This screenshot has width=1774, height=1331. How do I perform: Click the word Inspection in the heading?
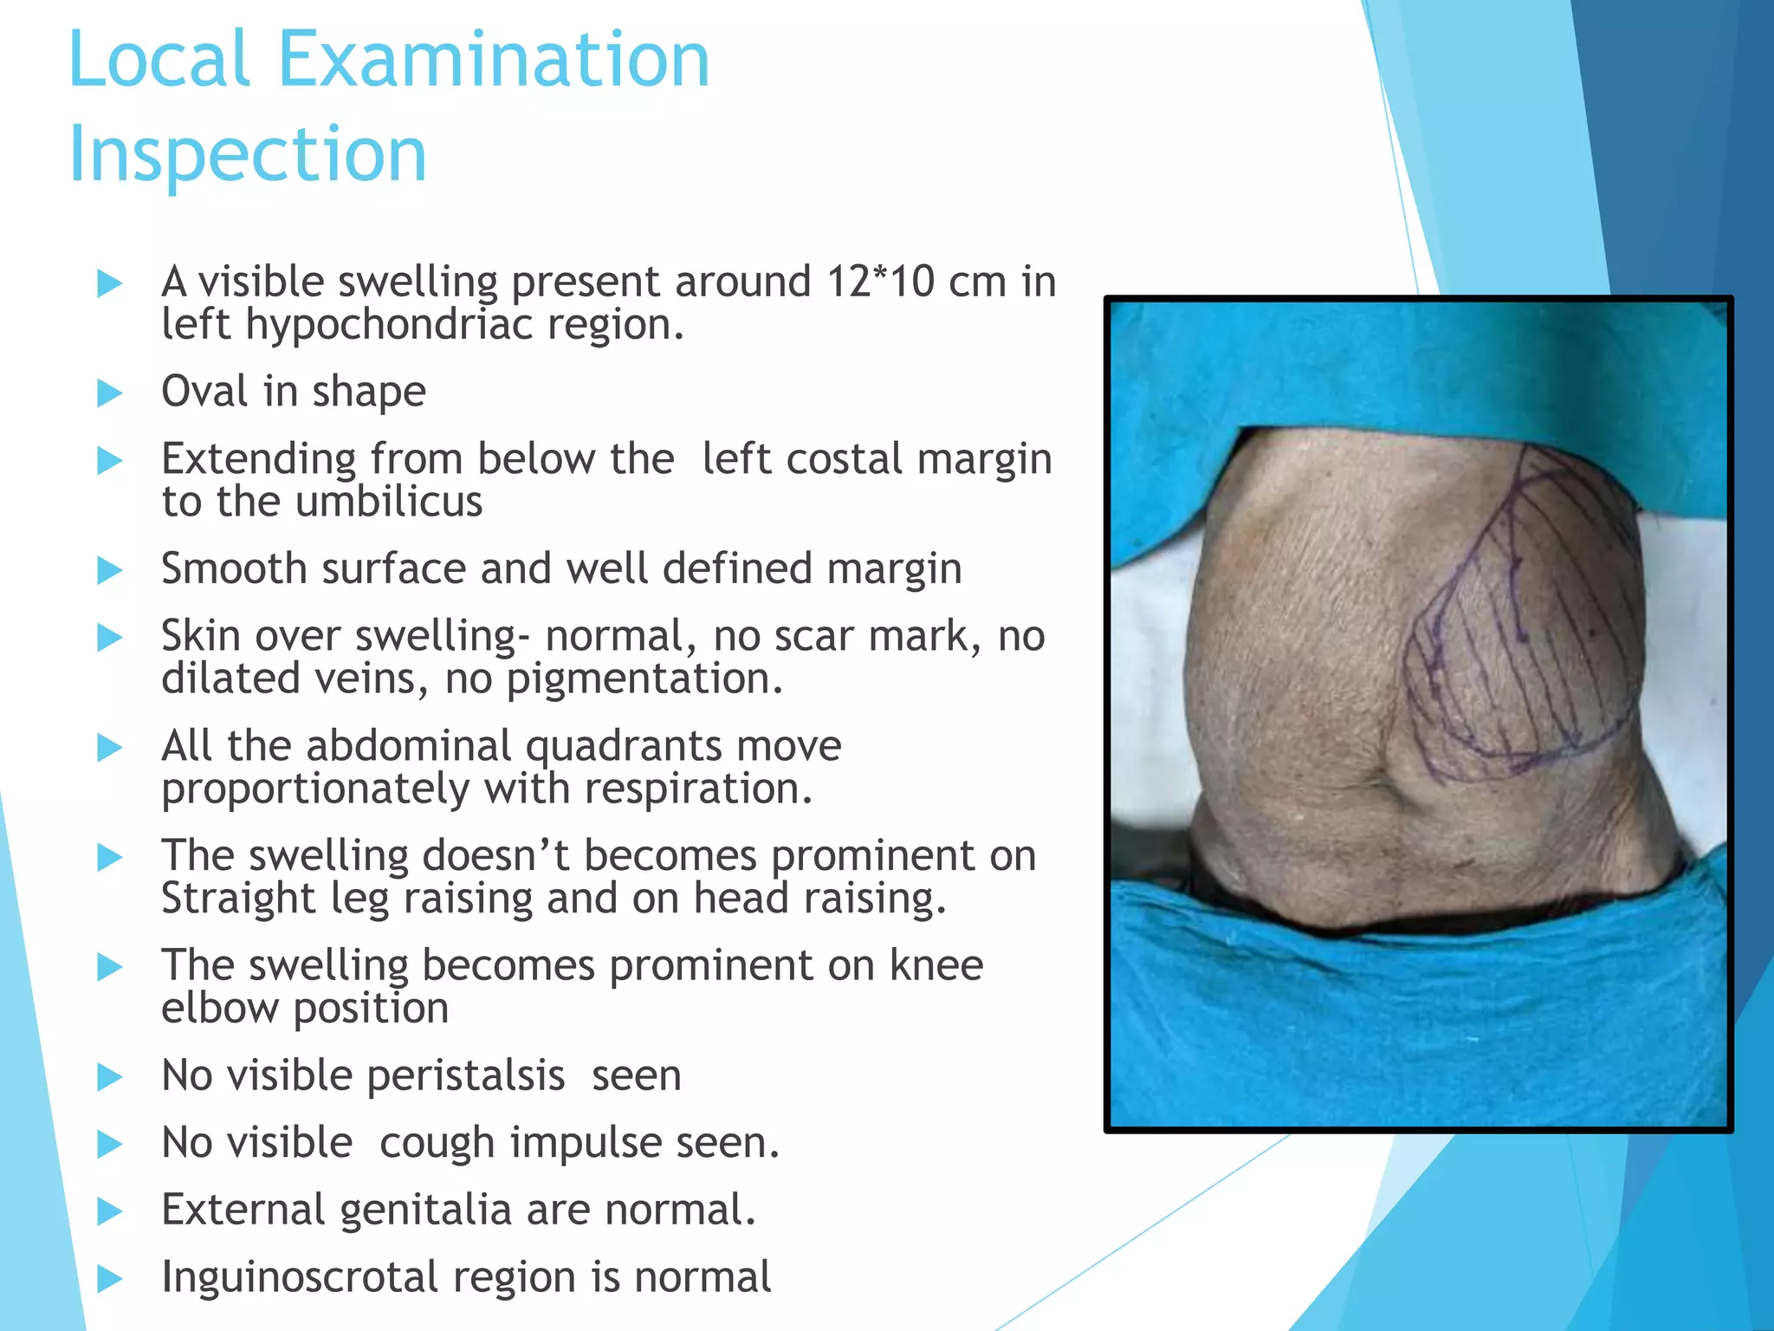tap(248, 153)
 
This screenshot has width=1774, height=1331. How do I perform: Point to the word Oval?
tap(204, 391)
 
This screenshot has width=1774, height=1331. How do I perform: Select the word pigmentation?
tap(644, 678)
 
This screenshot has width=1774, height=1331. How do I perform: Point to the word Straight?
tap(238, 898)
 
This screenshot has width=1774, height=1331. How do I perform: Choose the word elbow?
tap(219, 1008)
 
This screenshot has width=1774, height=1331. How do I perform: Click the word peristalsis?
tap(466, 1075)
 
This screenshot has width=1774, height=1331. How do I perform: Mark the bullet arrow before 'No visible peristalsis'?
tap(110, 1077)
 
